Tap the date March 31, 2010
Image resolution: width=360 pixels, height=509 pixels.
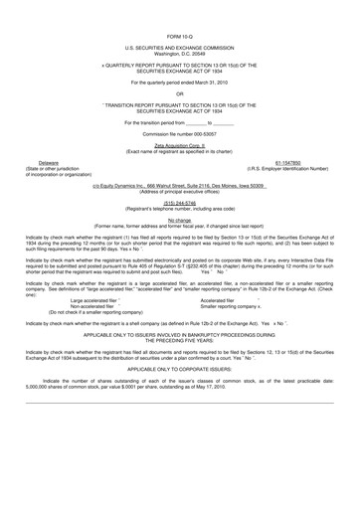[213, 82]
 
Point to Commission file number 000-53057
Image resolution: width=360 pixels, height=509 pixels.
[179, 133]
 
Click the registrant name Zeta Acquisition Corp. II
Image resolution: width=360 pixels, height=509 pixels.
[179, 144]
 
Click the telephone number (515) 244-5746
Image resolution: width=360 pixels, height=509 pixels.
[179, 203]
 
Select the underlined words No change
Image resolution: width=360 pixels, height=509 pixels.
[179, 221]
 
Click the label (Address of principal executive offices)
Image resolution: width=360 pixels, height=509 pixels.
[179, 192]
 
